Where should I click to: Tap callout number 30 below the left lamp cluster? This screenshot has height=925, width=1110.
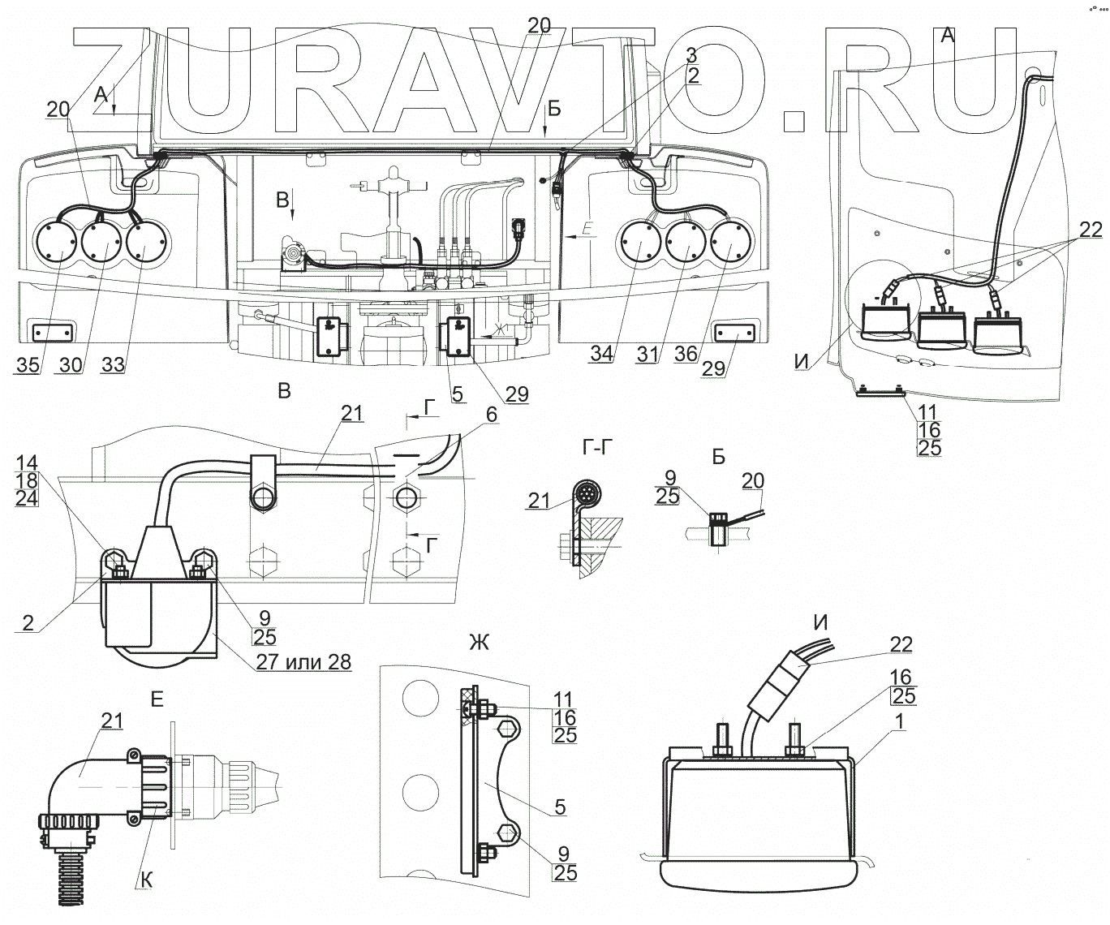click(x=70, y=364)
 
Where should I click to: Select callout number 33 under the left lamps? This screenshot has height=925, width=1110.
click(x=113, y=364)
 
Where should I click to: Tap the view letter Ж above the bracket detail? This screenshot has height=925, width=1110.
click(x=480, y=643)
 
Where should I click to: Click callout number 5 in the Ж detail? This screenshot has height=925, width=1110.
click(x=560, y=807)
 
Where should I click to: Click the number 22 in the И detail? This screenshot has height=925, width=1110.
click(x=900, y=645)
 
